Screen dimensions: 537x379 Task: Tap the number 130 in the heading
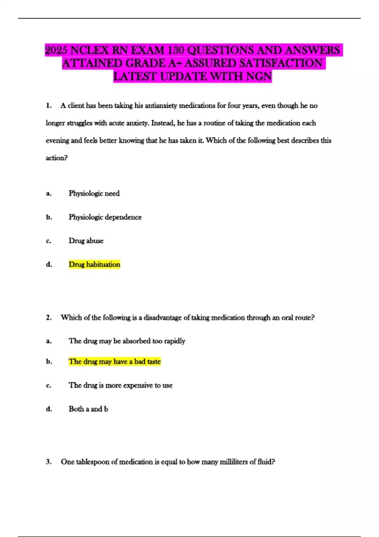[x=175, y=50]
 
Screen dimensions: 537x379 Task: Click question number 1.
[x=49, y=106]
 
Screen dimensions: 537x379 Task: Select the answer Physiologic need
[x=94, y=193]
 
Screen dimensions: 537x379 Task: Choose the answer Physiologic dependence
[x=105, y=217]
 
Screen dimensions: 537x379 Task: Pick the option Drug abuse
[x=86, y=241]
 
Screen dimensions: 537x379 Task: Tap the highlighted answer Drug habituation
[x=94, y=264]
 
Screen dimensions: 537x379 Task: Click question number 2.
[x=49, y=317]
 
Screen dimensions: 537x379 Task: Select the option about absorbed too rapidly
[x=127, y=341]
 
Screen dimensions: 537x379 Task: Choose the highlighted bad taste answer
[x=115, y=361]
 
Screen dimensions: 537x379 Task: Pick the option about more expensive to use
[x=121, y=385]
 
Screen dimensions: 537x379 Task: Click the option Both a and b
[x=88, y=409]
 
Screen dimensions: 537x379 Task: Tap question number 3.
[x=49, y=462]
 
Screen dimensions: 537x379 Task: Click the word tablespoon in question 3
[x=92, y=462]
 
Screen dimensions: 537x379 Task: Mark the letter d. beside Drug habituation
[x=49, y=264]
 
